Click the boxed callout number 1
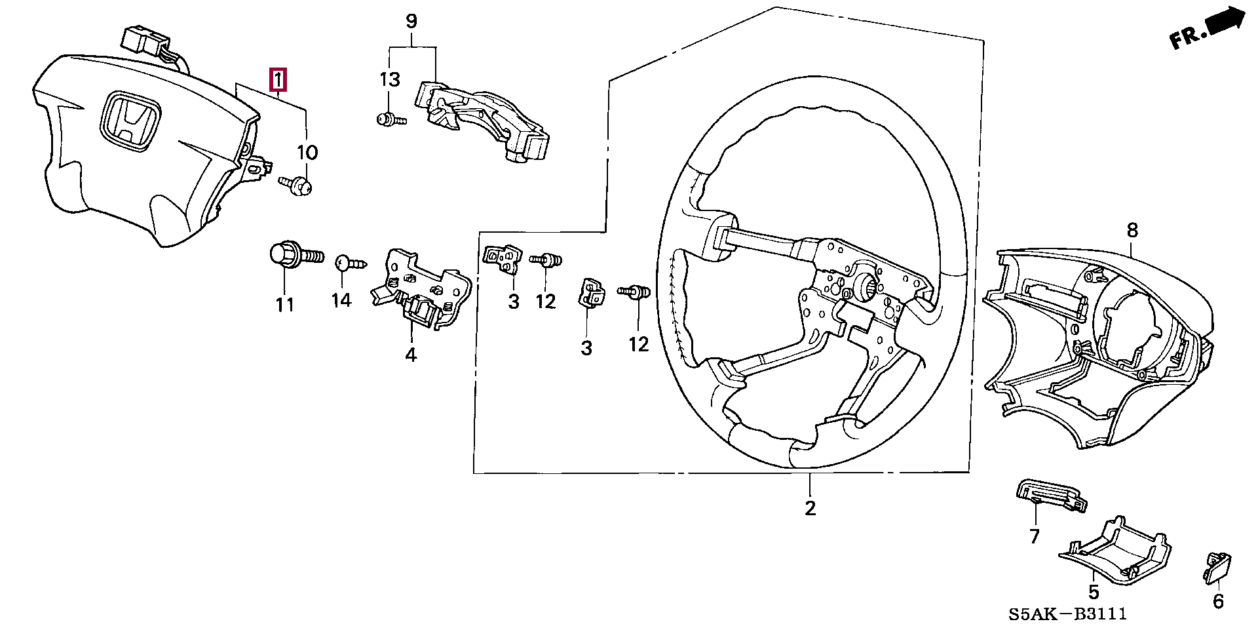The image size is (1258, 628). point(278,81)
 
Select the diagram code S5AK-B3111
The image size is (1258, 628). point(1067,614)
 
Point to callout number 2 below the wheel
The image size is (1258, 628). point(810,507)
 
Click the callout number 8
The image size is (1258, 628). point(1132,231)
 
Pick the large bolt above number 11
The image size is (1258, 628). point(297,254)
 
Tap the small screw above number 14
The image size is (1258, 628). point(351,264)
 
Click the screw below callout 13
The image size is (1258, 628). point(392,120)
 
